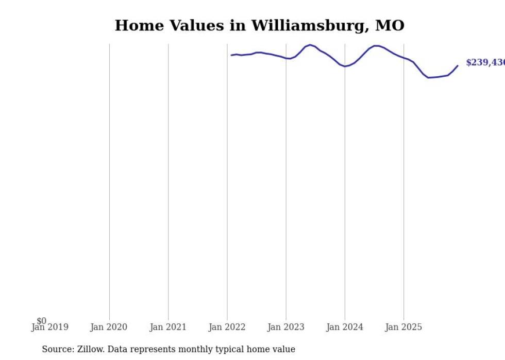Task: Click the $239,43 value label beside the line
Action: pos(485,63)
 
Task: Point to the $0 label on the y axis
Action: pos(41,321)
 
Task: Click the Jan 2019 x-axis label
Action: pos(49,327)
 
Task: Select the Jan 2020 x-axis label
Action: pos(109,327)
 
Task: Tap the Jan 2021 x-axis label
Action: pos(168,327)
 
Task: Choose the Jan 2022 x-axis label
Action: pos(227,327)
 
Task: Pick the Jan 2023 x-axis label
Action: pos(286,327)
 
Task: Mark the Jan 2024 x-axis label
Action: pos(345,327)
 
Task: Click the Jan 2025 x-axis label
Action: pos(403,327)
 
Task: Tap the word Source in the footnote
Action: pos(57,349)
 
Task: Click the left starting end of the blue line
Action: pos(232,55)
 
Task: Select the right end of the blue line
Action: pos(458,65)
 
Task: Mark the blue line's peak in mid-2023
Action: pos(310,45)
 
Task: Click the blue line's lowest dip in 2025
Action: pos(429,78)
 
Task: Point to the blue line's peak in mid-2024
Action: pos(376,46)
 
